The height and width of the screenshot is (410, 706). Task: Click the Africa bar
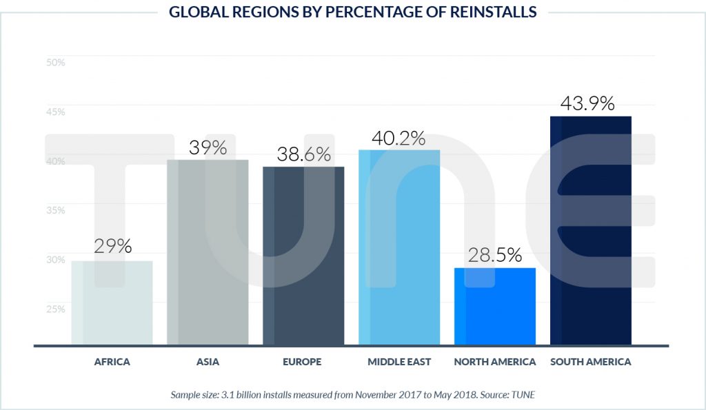(x=112, y=303)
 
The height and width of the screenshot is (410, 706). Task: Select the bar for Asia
(x=208, y=252)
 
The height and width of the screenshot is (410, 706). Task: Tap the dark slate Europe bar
(x=303, y=256)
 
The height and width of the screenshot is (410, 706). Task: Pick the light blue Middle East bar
(x=399, y=247)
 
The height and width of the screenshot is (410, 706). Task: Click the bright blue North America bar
(x=494, y=307)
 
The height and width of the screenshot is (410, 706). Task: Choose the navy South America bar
(x=591, y=230)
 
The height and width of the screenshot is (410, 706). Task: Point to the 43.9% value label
(x=587, y=103)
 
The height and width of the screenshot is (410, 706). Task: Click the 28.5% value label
(x=494, y=255)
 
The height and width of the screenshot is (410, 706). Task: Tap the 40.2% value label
(x=399, y=138)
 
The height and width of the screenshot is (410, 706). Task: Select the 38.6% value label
(x=304, y=154)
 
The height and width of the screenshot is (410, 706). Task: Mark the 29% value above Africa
(x=113, y=247)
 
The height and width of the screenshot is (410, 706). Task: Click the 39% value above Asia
(x=208, y=147)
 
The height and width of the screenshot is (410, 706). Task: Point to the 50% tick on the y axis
(x=55, y=62)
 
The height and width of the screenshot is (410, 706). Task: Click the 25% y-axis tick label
(x=55, y=308)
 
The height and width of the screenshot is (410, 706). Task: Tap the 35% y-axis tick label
(x=55, y=209)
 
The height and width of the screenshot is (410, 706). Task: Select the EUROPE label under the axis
(x=303, y=362)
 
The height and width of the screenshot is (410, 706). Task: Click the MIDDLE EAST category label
(x=399, y=362)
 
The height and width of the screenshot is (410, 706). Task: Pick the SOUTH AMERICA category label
(x=590, y=362)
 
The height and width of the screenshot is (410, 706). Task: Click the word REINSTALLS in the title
(x=490, y=12)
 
